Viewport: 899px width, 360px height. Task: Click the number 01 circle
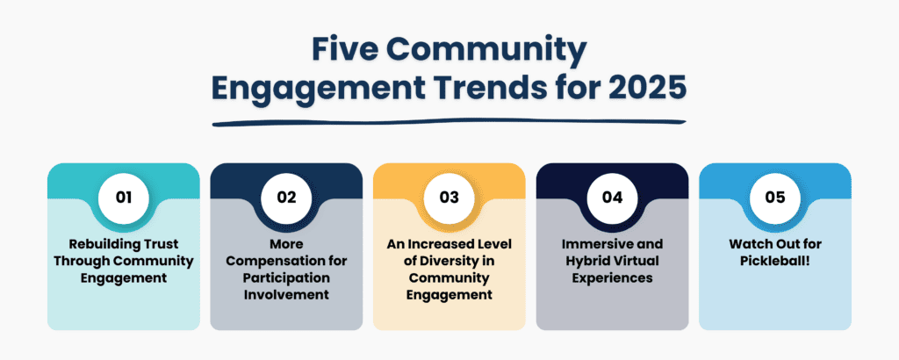click(x=124, y=197)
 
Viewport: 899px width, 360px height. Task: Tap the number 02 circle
click(x=287, y=197)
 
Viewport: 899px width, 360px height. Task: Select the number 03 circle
click(x=449, y=197)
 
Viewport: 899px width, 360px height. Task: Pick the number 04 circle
click(x=612, y=197)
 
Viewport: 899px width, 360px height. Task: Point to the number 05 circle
click(x=775, y=197)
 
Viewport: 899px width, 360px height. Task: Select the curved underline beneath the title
click(x=449, y=122)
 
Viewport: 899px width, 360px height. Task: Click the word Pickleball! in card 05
click(x=775, y=261)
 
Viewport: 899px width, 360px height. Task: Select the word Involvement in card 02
click(x=287, y=295)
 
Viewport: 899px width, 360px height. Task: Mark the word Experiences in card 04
click(x=612, y=278)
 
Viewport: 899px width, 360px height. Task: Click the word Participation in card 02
click(x=287, y=278)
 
